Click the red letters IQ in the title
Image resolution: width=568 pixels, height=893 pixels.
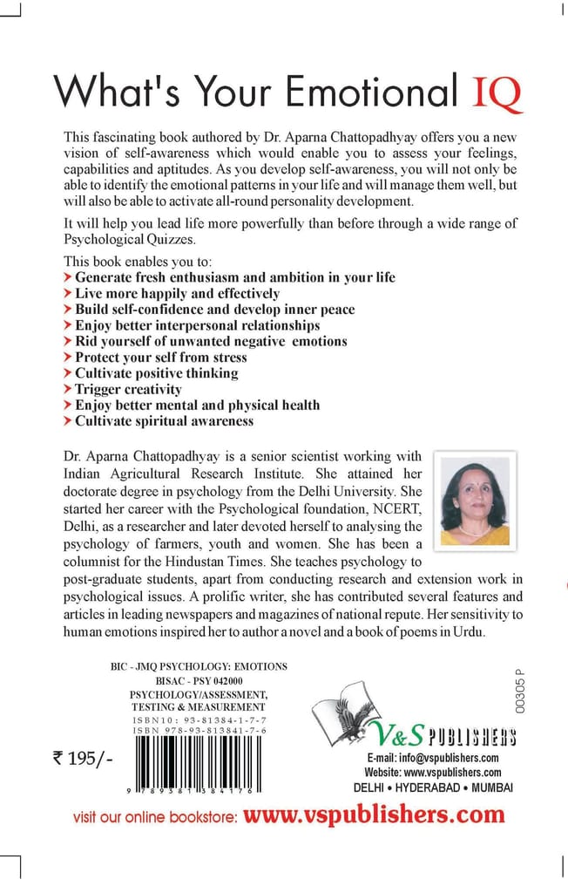click(x=497, y=93)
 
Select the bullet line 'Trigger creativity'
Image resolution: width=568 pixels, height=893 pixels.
click(x=128, y=389)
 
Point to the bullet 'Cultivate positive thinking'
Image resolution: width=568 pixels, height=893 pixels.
click(x=156, y=373)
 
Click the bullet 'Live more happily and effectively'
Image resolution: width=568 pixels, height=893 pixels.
click(x=177, y=293)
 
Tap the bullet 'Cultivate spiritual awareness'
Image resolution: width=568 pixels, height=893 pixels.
click(x=164, y=420)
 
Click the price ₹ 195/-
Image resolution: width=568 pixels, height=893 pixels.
click(x=84, y=759)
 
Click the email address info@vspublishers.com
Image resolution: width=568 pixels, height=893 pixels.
click(x=432, y=758)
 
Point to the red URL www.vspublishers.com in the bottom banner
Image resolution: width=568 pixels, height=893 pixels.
click(x=374, y=815)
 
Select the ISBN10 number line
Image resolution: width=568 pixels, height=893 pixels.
click(x=195, y=721)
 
